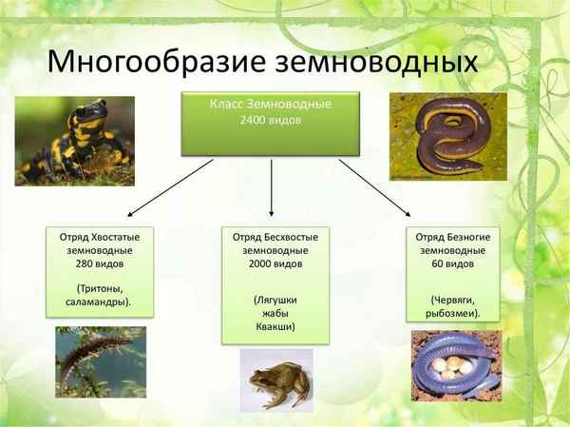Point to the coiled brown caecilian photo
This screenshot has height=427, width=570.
447,136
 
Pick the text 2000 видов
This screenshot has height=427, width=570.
275,263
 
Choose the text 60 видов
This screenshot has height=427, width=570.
454,263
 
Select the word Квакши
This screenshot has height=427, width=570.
275,325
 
